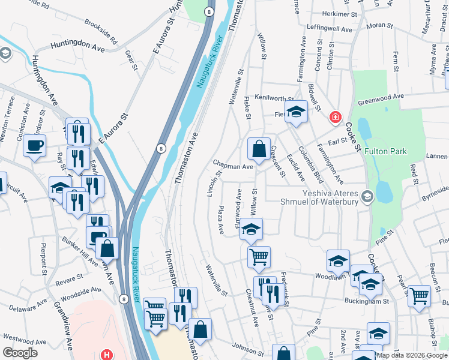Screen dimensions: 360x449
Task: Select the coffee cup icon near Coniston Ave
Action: click(x=35, y=145)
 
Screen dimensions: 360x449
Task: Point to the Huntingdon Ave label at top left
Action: click(x=77, y=44)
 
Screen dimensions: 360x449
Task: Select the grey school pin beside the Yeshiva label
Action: click(x=367, y=196)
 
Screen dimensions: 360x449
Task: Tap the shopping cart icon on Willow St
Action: click(x=259, y=256)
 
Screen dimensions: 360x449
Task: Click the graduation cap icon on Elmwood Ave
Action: click(x=251, y=229)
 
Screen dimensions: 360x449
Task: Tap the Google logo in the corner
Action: click(x=20, y=353)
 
